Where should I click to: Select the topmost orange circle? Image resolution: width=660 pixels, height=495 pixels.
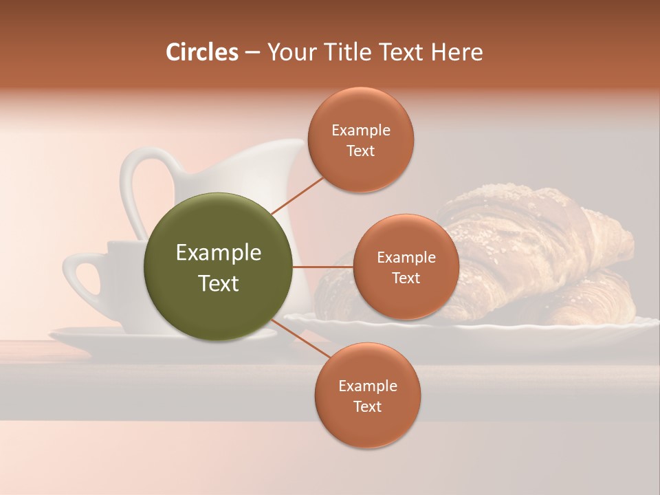click(360, 140)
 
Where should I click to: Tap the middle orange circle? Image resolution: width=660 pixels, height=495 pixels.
click(406, 267)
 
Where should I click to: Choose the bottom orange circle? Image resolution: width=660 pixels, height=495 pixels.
click(367, 396)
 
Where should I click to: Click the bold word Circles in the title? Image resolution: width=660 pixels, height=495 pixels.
click(202, 52)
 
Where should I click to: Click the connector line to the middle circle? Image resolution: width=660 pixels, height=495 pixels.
click(323, 267)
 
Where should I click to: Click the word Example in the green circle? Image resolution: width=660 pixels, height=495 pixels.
click(219, 253)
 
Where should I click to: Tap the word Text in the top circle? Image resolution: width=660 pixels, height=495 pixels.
click(360, 151)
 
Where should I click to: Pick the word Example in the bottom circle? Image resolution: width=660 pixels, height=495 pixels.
click(367, 386)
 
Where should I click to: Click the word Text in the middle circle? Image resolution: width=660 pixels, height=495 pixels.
click(406, 278)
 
